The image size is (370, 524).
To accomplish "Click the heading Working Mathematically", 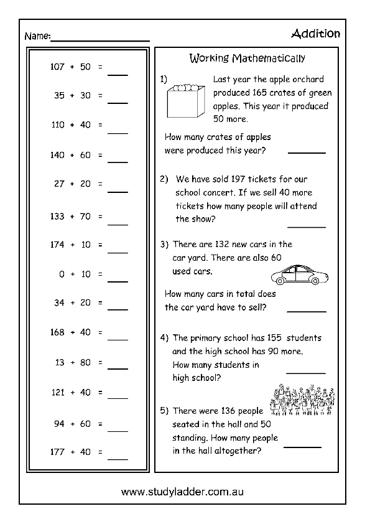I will (x=247, y=59).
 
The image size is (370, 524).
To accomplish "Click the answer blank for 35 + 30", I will (x=118, y=103).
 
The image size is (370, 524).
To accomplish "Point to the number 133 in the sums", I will (x=57, y=216).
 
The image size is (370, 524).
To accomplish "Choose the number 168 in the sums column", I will (x=57, y=332).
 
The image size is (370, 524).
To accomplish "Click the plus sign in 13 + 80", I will (x=72, y=362).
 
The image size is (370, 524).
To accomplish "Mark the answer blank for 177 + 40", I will (x=118, y=459).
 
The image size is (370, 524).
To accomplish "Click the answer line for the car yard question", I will (x=306, y=310).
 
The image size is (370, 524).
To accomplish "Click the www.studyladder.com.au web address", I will (x=182, y=492).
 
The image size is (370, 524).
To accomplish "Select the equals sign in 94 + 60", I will (x=99, y=424).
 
